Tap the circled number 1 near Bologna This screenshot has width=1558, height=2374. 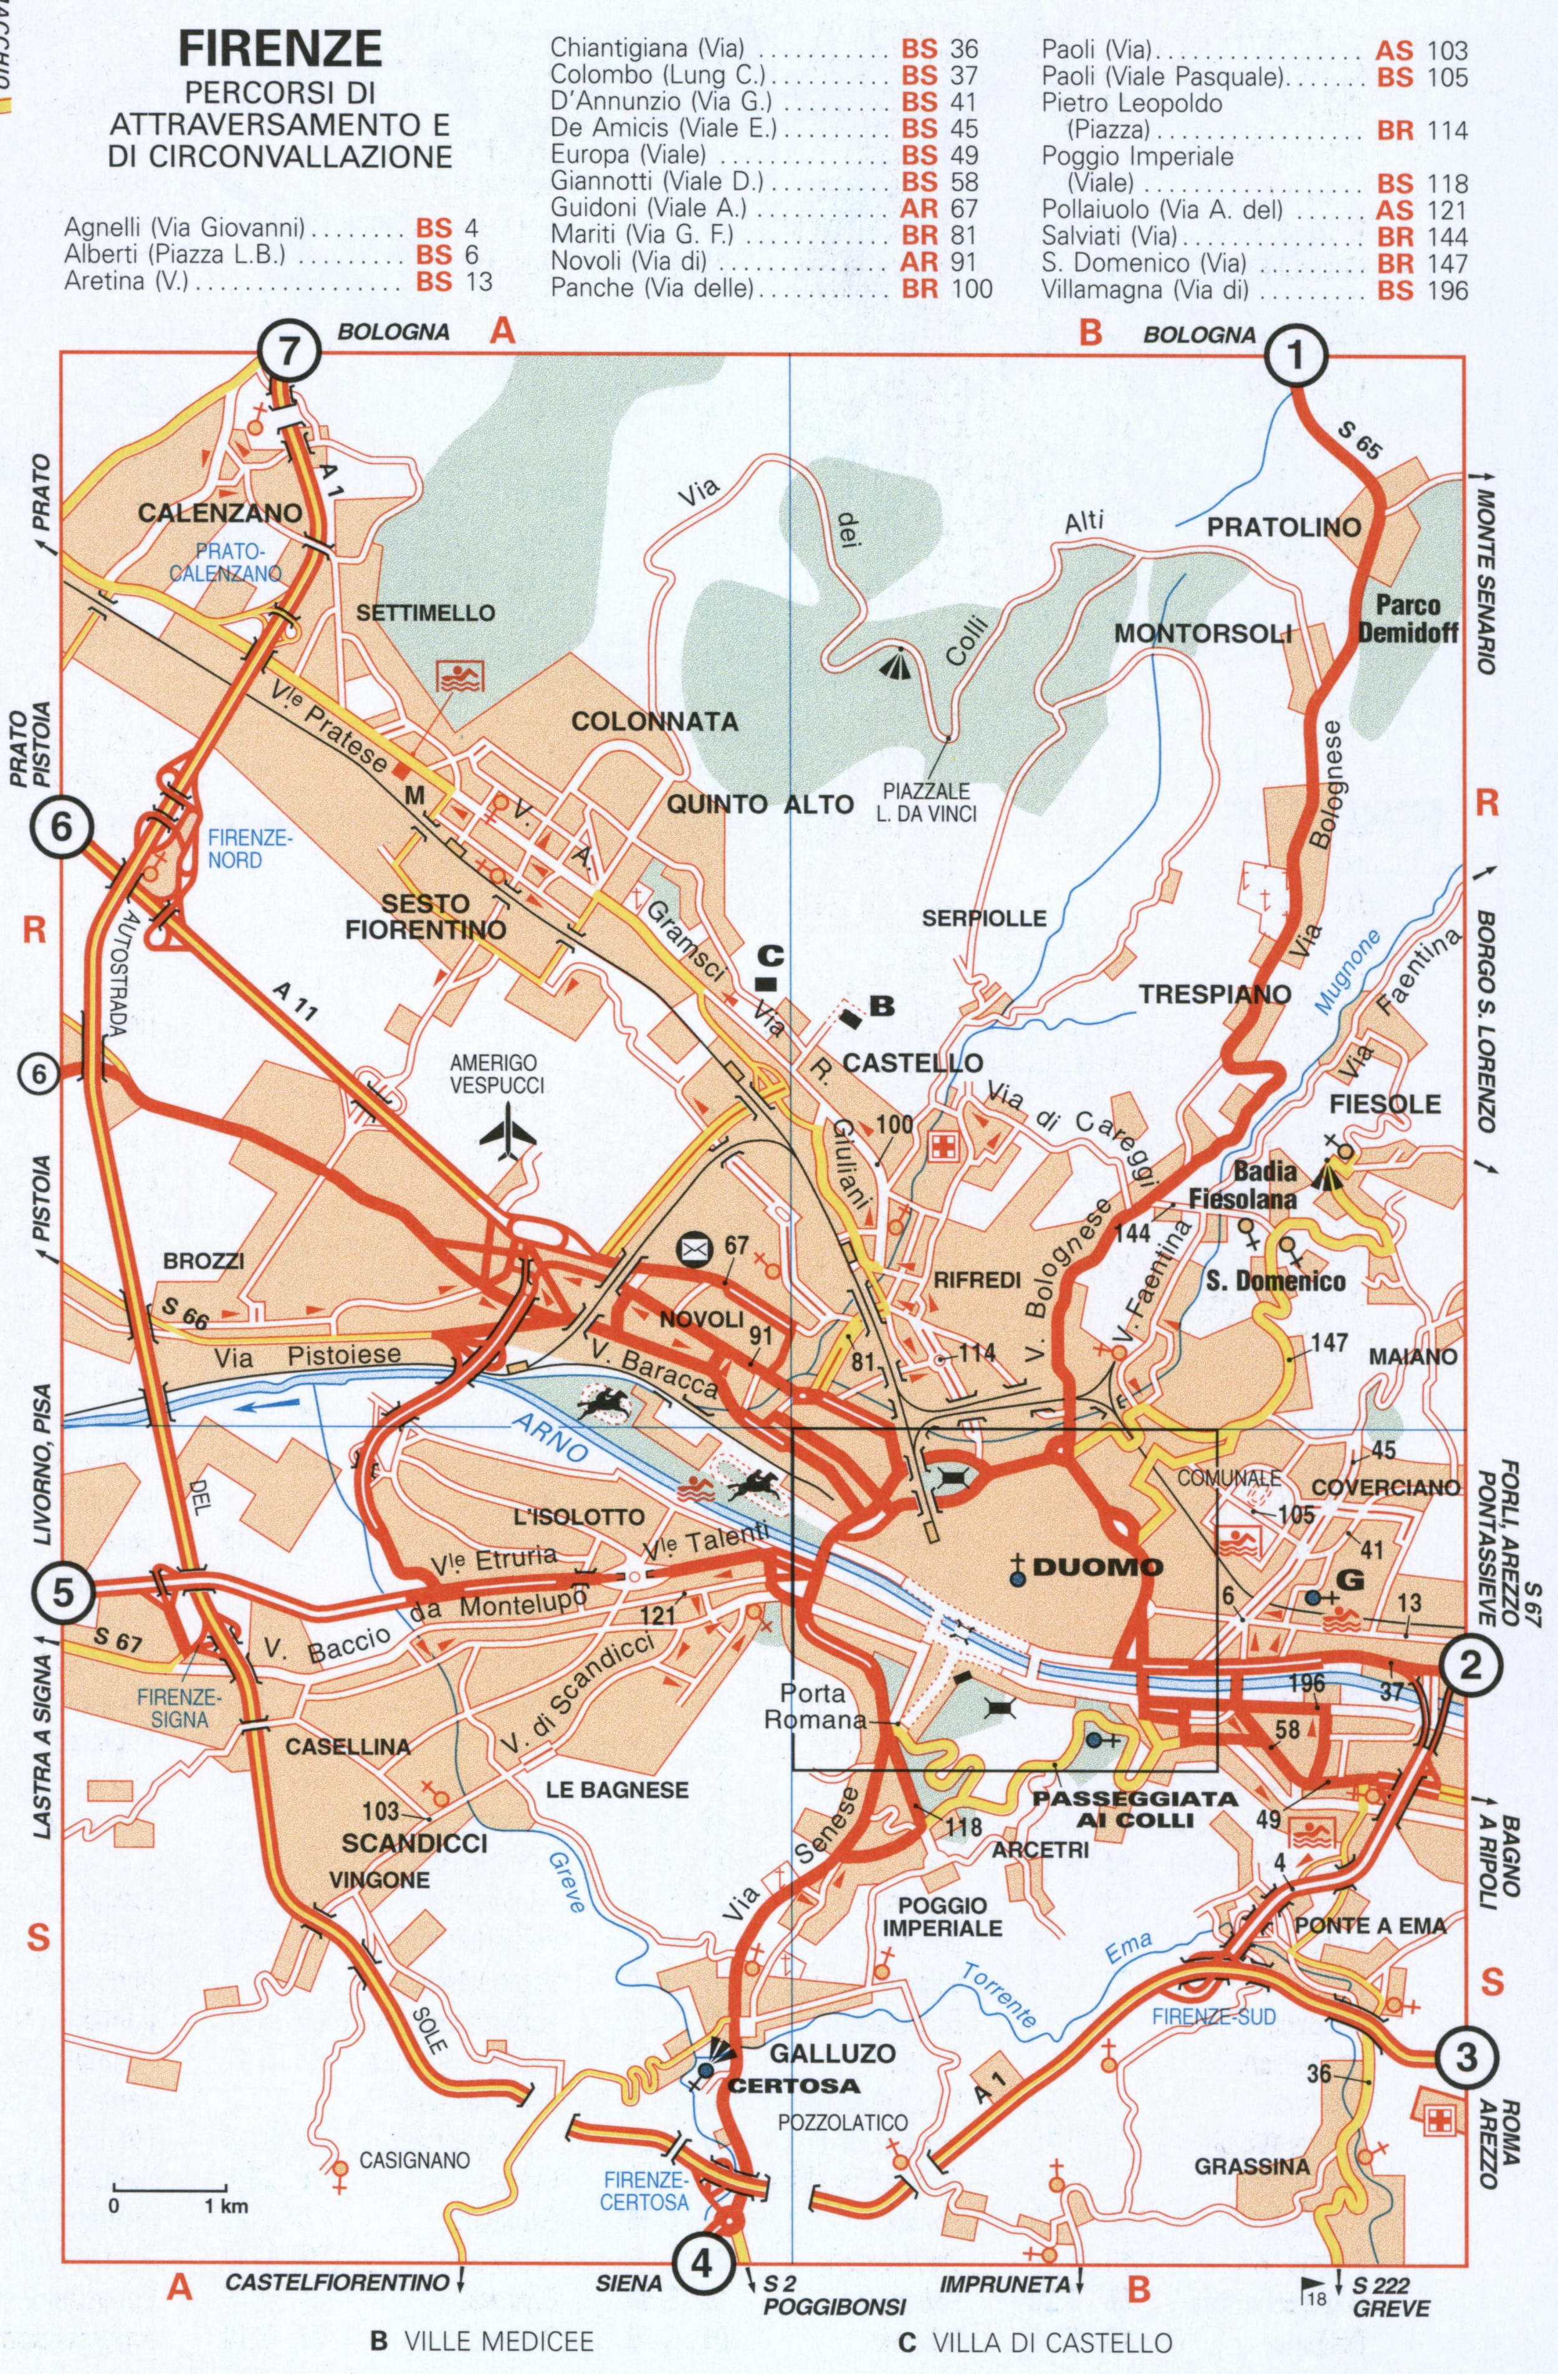click(1296, 356)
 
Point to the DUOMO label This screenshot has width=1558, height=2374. click(1098, 1567)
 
